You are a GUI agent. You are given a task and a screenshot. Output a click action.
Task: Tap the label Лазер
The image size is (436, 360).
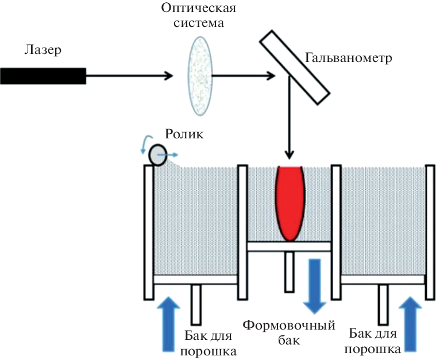43,51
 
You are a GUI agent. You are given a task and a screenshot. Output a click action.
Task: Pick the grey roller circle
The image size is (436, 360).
157,154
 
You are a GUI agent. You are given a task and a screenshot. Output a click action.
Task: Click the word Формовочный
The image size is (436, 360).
289,326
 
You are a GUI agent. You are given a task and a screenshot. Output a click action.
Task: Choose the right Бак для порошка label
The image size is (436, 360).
374,340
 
